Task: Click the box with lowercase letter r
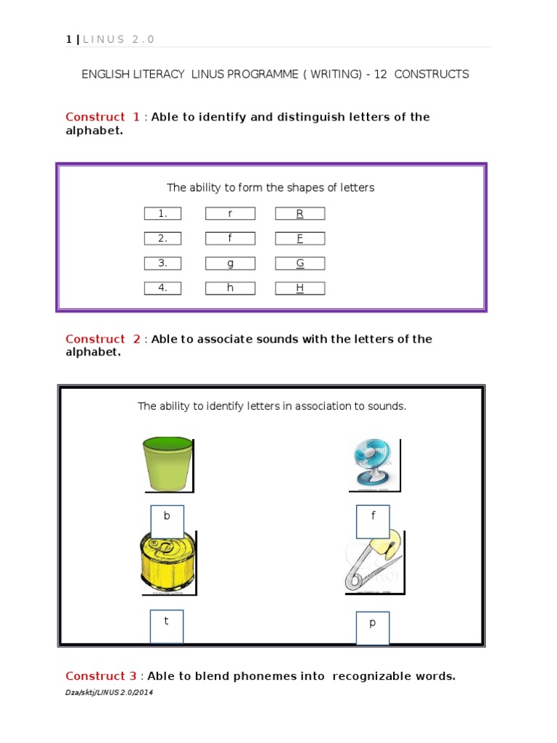(x=230, y=213)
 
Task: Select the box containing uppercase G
(x=300, y=263)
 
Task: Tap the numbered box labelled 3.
(x=162, y=263)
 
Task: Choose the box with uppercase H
(x=300, y=288)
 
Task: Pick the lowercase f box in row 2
(x=230, y=238)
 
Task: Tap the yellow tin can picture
(x=167, y=562)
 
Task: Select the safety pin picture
(x=374, y=562)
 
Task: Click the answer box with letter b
(x=167, y=522)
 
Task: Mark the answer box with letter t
(x=167, y=626)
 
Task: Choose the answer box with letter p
(x=373, y=628)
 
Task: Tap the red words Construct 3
(x=101, y=676)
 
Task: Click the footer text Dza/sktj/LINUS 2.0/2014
(x=109, y=692)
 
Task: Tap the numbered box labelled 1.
(x=162, y=213)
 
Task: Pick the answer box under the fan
(x=373, y=522)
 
